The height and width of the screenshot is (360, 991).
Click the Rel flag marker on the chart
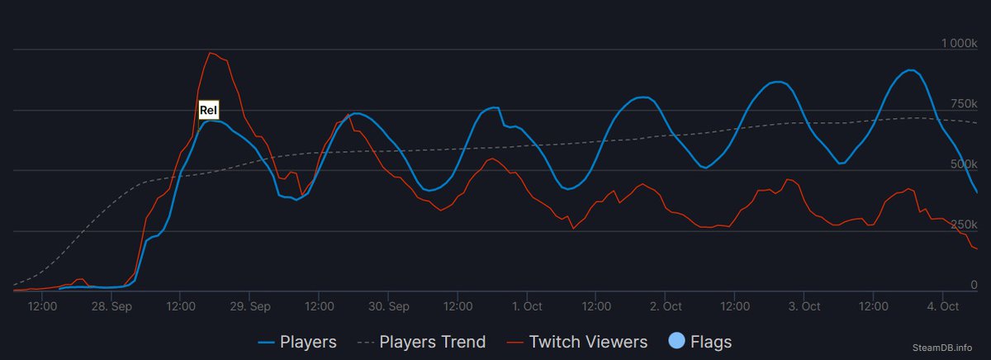[208, 110]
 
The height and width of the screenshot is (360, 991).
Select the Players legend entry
[297, 341]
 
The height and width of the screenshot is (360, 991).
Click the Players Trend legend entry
[422, 341]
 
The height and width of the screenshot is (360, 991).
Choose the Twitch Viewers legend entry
[577, 341]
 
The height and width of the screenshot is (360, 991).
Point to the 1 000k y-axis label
[960, 42]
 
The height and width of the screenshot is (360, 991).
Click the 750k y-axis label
[963, 102]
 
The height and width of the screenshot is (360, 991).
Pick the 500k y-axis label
[963, 163]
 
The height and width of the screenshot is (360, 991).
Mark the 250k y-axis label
[963, 225]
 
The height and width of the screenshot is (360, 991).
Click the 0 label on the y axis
[974, 285]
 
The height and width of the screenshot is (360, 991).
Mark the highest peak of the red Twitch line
[211, 53]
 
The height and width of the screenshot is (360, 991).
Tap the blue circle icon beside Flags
[676, 341]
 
